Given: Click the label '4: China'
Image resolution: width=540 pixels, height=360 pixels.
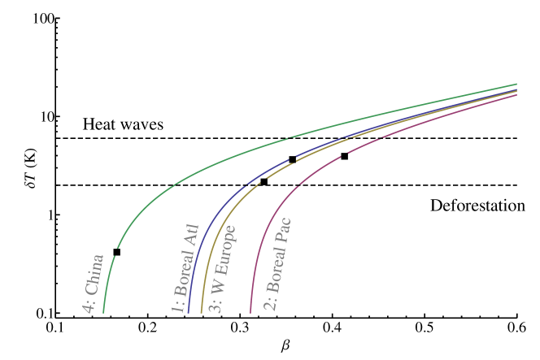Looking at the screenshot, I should click(x=94, y=284).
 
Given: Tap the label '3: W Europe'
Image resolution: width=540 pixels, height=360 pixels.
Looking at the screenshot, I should click(x=221, y=268).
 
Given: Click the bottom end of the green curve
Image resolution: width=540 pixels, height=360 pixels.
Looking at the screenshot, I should click(x=103, y=312).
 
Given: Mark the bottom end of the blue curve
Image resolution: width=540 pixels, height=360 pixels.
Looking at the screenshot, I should click(x=188, y=312).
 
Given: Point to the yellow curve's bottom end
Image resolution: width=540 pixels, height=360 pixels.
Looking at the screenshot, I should click(x=201, y=312).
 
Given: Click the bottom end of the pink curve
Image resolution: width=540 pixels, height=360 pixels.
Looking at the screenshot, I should click(x=250, y=312).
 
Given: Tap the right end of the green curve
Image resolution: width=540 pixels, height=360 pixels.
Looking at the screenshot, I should click(x=517, y=84).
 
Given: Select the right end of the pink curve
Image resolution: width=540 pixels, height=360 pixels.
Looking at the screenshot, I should click(x=517, y=95).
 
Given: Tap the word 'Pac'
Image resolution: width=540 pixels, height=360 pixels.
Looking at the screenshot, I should click(x=284, y=230).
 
